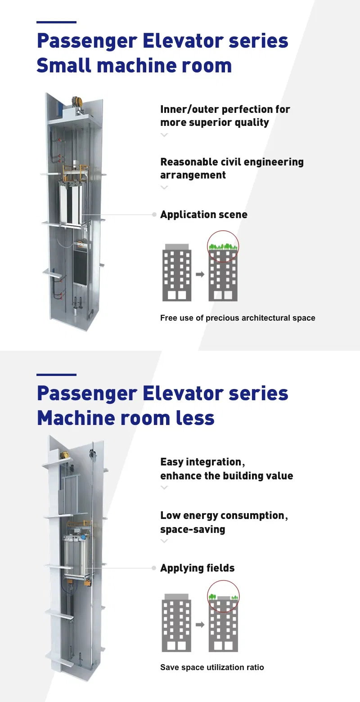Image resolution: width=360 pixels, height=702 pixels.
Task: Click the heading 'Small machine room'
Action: tap(134, 66)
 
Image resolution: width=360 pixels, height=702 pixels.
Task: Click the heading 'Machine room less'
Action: tap(126, 418)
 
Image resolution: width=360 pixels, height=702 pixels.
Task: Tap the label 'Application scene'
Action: tap(203, 215)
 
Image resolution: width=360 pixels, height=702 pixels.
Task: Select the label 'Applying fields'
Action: tap(197, 568)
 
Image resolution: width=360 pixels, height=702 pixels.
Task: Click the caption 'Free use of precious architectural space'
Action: tap(238, 318)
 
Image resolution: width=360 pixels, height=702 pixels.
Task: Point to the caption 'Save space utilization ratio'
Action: tap(212, 667)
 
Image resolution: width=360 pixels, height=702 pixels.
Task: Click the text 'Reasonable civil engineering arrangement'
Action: tap(232, 168)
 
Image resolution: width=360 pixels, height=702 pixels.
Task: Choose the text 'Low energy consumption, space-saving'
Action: tap(224, 522)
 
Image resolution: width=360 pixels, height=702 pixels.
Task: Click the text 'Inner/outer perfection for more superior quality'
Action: tap(225, 116)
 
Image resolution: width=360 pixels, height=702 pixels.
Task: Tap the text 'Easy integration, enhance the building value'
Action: tap(226, 469)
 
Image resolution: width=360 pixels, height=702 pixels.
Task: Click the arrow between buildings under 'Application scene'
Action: tap(200, 274)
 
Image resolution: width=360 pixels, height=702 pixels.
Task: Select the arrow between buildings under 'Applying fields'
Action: tap(200, 625)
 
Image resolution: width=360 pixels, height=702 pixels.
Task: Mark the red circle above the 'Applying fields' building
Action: tap(223, 597)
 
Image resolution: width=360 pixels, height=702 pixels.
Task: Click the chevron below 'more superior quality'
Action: tap(164, 135)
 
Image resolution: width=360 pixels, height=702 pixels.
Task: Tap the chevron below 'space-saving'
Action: tap(164, 541)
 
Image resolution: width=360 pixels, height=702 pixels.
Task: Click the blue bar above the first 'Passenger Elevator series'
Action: tap(56, 22)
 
